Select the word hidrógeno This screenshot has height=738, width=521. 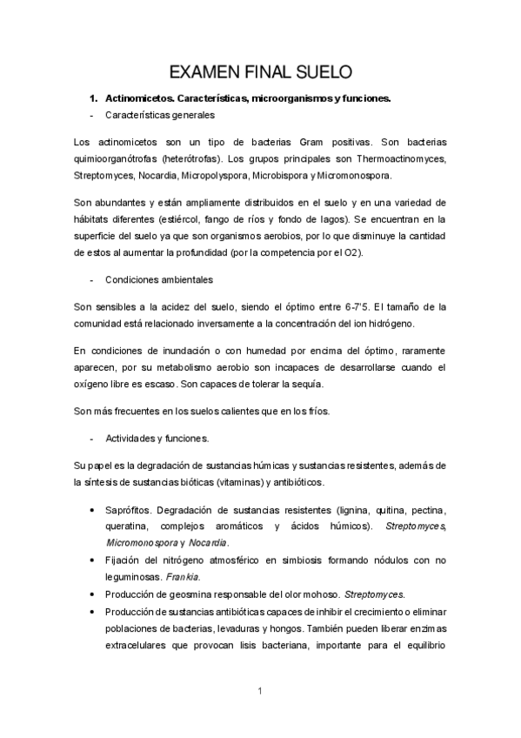(398, 324)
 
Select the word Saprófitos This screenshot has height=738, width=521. (130, 509)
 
